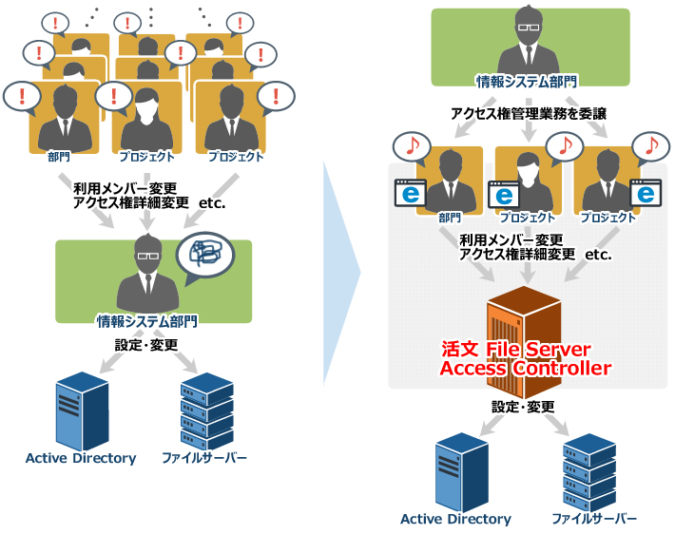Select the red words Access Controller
tap(525, 369)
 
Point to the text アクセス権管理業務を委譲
tap(529, 114)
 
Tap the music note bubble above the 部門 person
tap(412, 146)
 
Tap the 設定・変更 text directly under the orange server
tap(523, 406)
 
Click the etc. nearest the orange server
tap(598, 255)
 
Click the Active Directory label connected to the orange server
tap(455, 519)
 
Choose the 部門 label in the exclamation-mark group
tap(59, 157)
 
